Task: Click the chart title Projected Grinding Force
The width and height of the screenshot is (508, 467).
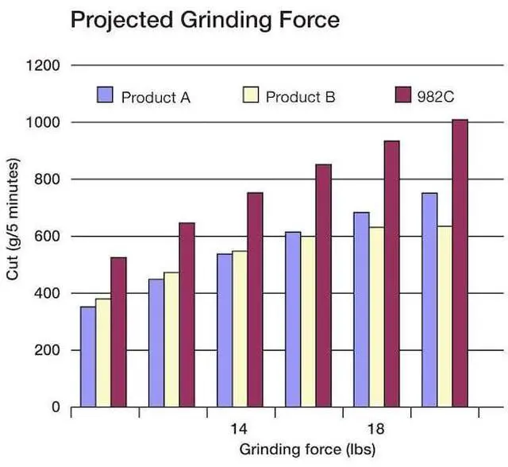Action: [205, 20]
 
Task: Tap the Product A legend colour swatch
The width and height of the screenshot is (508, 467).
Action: [106, 95]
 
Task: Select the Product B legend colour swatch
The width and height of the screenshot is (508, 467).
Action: [248, 95]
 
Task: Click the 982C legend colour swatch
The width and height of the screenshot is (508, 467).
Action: [402, 95]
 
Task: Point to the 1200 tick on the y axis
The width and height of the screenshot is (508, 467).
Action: [44, 65]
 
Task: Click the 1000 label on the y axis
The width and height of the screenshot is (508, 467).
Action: [44, 122]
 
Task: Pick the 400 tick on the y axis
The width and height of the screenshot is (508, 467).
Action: [48, 294]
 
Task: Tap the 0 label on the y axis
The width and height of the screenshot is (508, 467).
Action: [56, 407]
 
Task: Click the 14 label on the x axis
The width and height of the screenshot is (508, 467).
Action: [239, 429]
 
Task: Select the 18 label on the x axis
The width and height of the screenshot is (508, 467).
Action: [376, 429]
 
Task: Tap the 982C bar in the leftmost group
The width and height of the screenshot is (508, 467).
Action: [118, 332]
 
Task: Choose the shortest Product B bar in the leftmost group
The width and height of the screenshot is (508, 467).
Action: [103, 353]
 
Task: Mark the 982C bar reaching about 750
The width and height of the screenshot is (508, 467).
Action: [255, 299]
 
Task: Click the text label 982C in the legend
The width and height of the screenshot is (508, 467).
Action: [434, 97]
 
